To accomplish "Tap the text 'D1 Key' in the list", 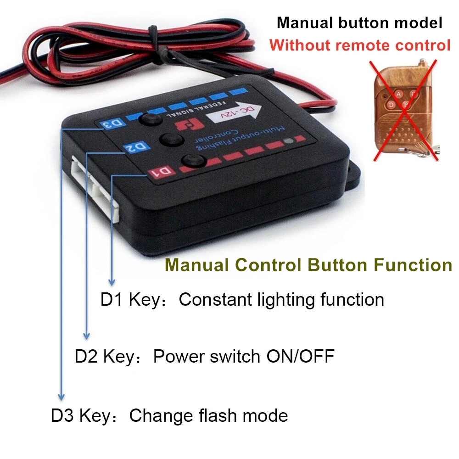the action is click(128, 300).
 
